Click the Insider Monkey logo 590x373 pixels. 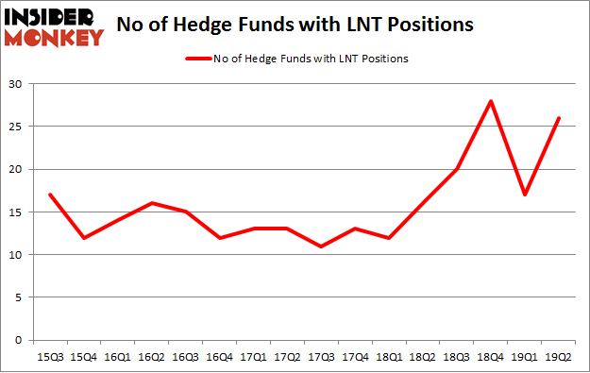click(54, 26)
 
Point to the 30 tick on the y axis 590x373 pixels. click(16, 84)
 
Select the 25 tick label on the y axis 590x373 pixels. click(16, 127)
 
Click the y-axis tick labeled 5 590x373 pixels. click(19, 297)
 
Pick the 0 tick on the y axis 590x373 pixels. click(19, 340)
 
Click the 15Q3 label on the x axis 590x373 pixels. click(49, 357)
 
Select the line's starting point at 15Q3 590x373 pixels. click(49, 195)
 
